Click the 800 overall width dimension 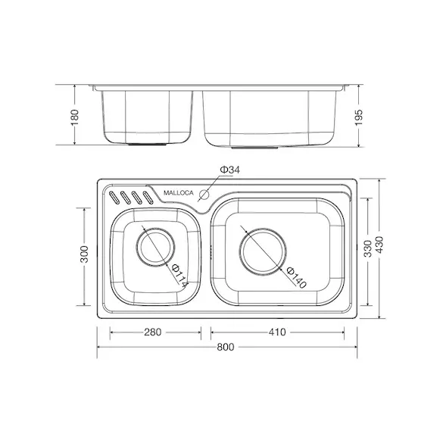point(226,347)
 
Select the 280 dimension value point(152,332)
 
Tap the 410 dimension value point(277,332)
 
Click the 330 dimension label point(367,248)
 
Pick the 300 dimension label point(84,254)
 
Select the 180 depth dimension point(75,117)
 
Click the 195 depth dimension point(358,117)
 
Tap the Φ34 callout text point(230,170)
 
